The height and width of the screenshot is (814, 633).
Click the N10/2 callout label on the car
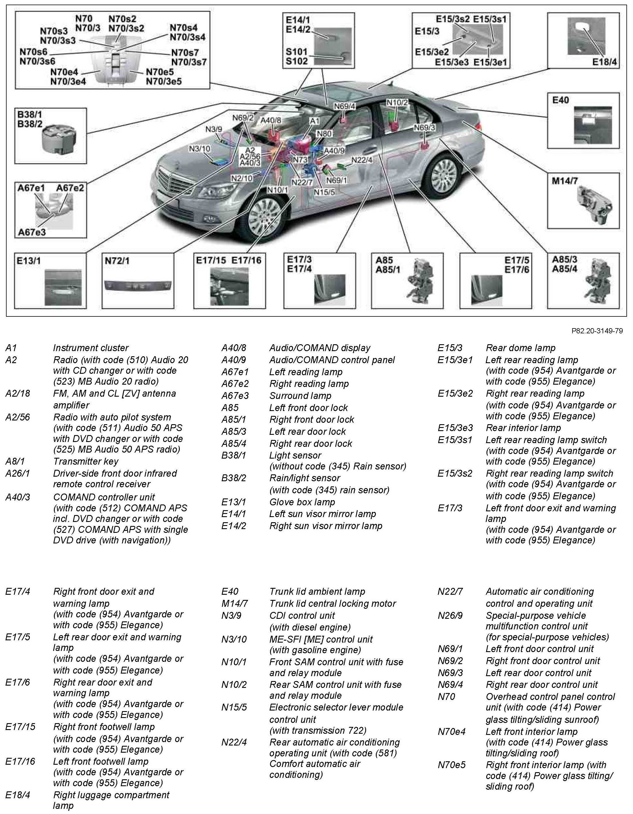(397, 102)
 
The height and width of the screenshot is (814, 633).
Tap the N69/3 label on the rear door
(425, 128)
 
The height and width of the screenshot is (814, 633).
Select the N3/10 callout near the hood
(200, 149)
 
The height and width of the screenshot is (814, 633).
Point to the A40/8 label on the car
(271, 120)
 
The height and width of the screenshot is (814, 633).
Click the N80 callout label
(324, 134)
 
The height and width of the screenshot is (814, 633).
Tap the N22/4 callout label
(362, 160)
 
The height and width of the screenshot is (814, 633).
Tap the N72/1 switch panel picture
(138, 285)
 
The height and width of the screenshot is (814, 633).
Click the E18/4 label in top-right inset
(604, 62)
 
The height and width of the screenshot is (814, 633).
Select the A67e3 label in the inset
(32, 232)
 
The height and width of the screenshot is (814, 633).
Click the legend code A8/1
(15, 461)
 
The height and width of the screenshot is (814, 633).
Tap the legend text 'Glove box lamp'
(302, 502)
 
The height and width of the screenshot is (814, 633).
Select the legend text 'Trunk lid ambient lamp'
(317, 592)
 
